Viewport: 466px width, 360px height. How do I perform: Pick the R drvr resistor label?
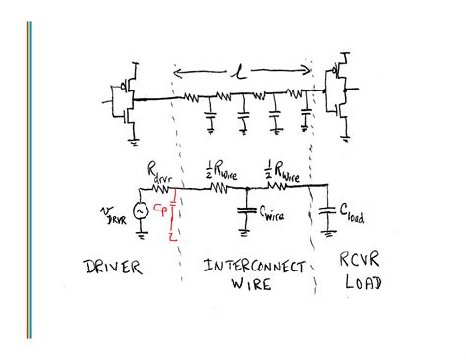pyautogui.click(x=159, y=172)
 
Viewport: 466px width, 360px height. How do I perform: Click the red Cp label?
pyautogui.click(x=162, y=210)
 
